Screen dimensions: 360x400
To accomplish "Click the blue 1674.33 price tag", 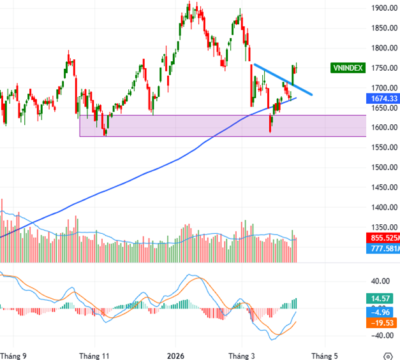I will click(383, 98).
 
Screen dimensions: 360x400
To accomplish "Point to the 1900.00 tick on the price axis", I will click(383, 8).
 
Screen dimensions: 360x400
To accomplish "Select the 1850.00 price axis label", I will click(383, 28).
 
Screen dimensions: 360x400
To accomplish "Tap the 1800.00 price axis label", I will click(383, 48).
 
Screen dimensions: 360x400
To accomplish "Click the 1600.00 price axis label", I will click(383, 127).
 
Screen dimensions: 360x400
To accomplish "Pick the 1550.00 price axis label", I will click(383, 147).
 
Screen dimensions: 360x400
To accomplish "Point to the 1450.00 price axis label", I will click(383, 187).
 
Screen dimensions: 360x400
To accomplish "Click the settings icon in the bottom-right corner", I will click(387, 355).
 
